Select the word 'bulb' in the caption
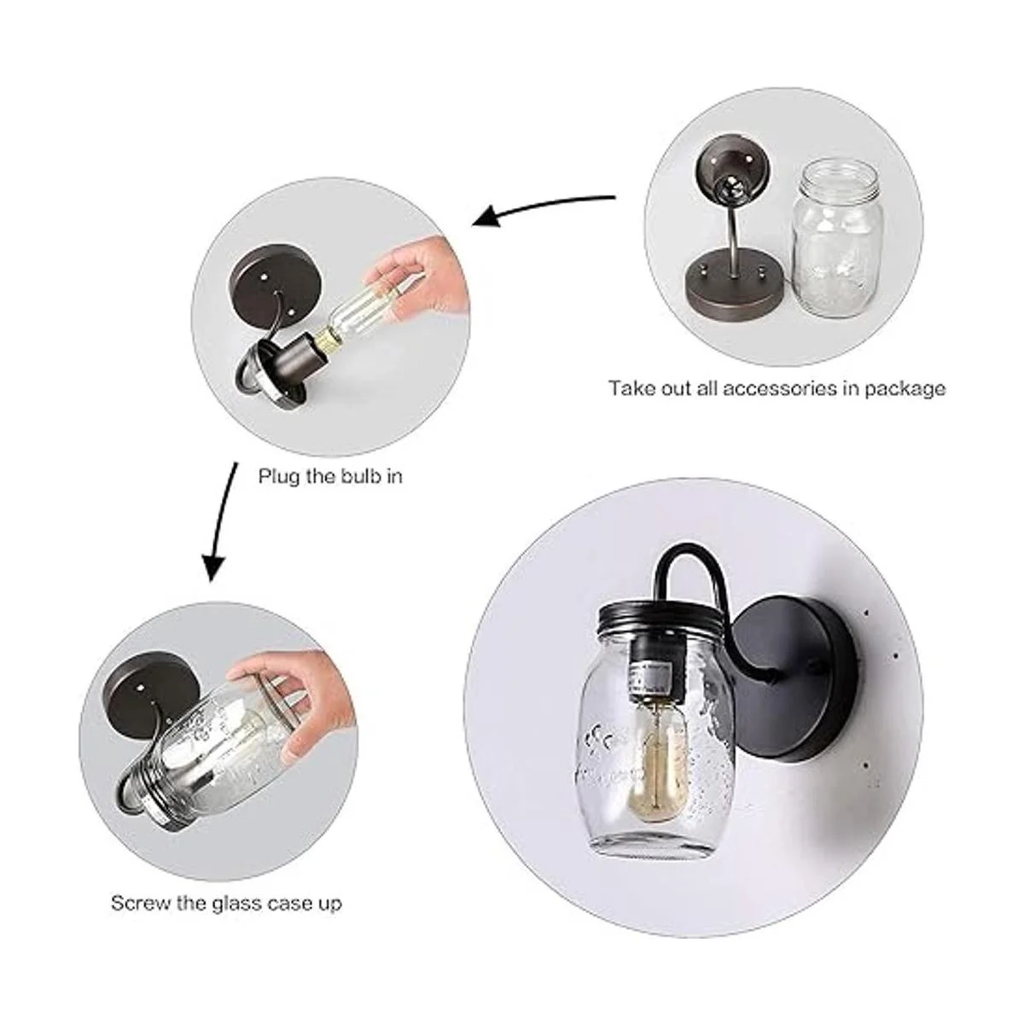coord(361,476)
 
